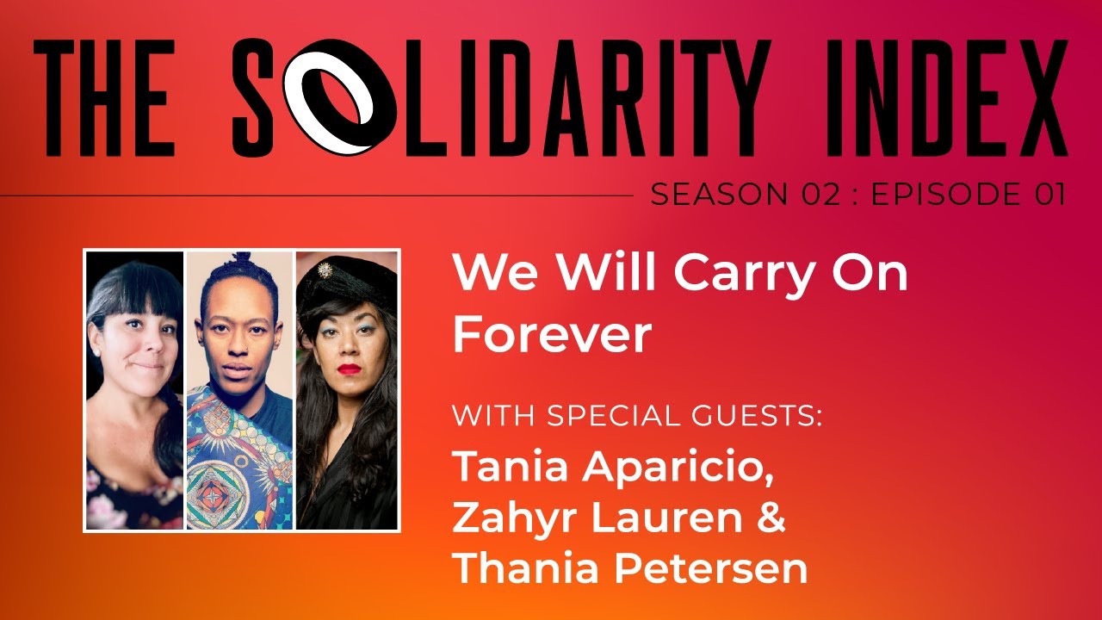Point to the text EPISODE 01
[x=969, y=195]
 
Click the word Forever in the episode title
[x=552, y=335]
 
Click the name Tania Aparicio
[x=617, y=466]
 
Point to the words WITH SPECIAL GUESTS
[x=637, y=417]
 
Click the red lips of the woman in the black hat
[x=348, y=369]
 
